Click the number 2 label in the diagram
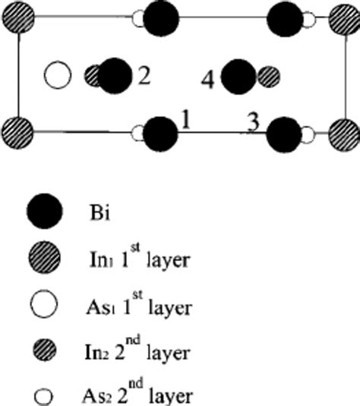click(143, 76)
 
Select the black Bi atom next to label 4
click(238, 77)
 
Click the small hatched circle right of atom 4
click(269, 76)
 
